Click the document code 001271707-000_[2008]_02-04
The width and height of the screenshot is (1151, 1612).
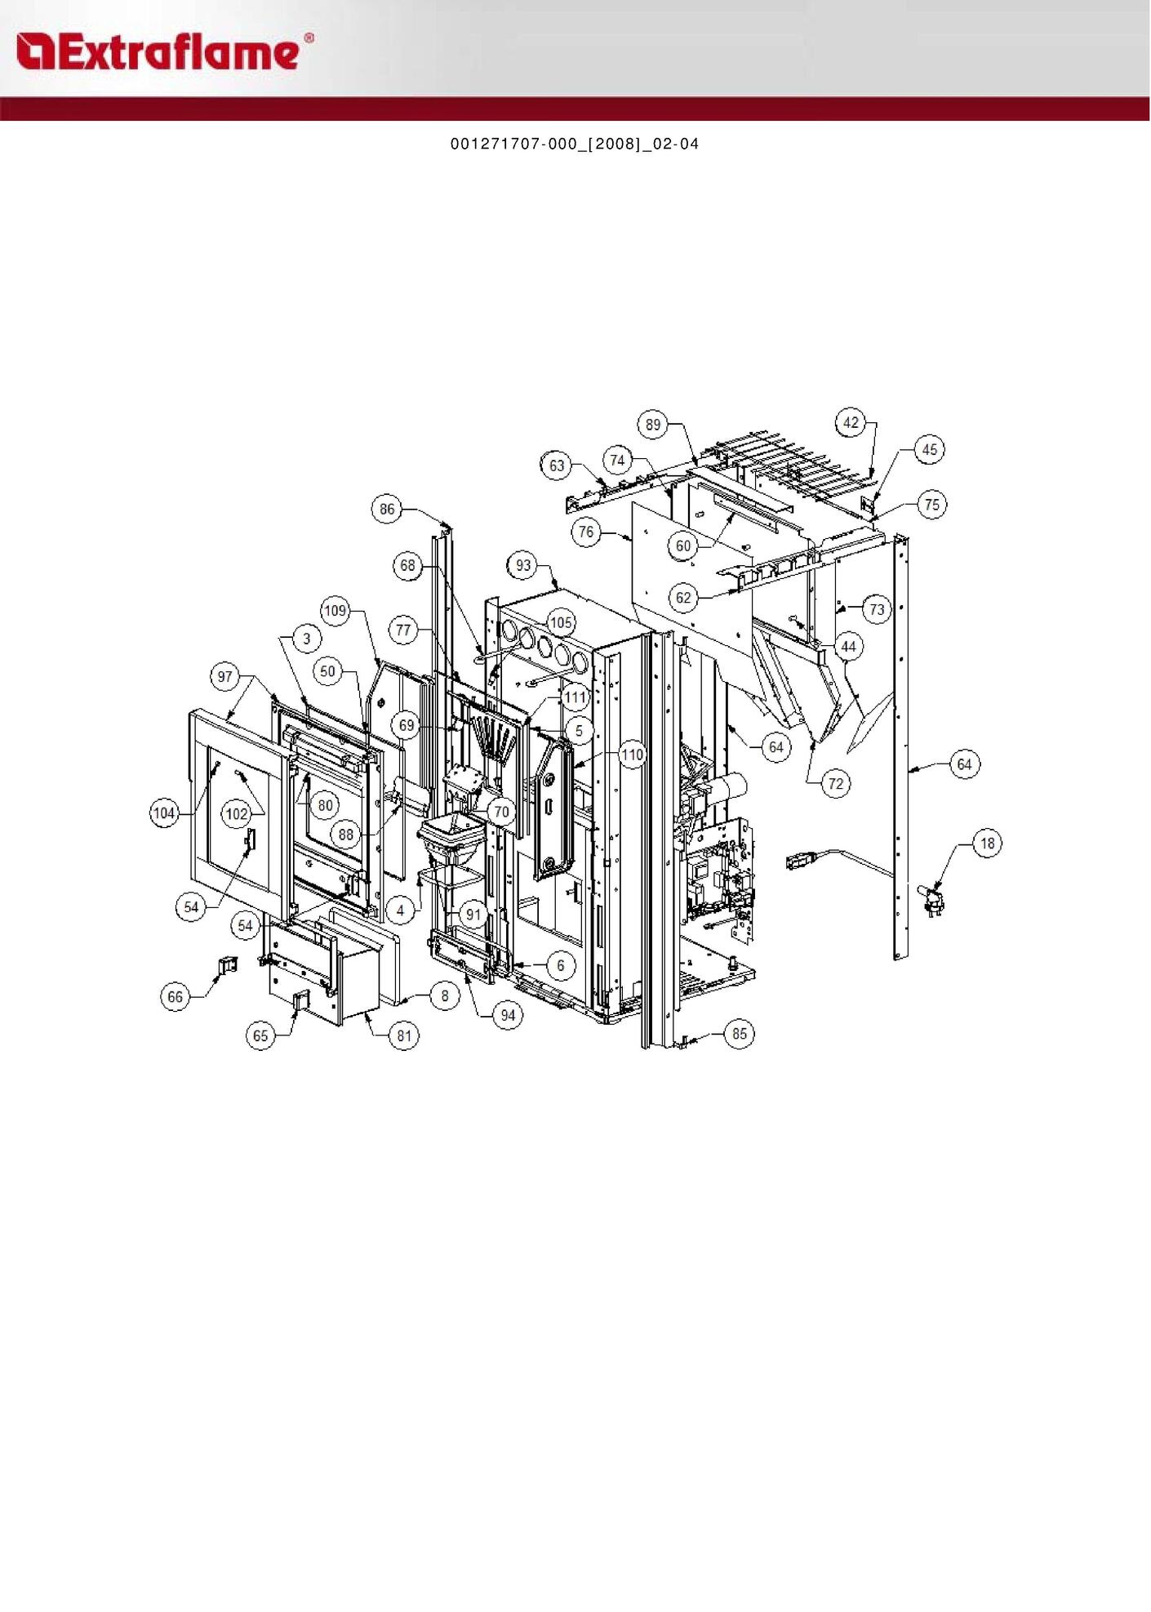575,145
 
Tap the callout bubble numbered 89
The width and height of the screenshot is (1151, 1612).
653,425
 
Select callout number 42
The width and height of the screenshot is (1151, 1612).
851,422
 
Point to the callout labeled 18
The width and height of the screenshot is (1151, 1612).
988,844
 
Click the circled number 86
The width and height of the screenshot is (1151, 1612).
387,510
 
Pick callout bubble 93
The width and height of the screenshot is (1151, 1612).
523,565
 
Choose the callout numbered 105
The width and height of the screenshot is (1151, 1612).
561,623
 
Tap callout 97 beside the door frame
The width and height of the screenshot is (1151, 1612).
225,676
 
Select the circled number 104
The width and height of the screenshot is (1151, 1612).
165,813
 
